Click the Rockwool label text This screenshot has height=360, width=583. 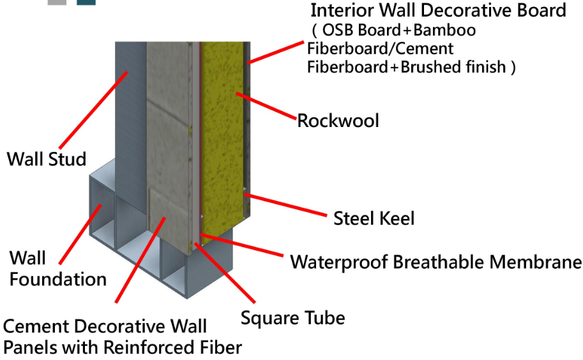(338, 120)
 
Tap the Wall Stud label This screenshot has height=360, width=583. (46, 158)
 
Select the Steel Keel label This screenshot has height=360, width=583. (374, 218)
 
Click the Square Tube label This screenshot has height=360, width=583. (292, 317)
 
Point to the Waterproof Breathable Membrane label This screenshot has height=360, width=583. (435, 262)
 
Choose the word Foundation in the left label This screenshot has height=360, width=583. (57, 279)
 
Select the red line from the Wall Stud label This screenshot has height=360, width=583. (96, 109)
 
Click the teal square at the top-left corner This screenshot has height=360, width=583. (86, 2)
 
